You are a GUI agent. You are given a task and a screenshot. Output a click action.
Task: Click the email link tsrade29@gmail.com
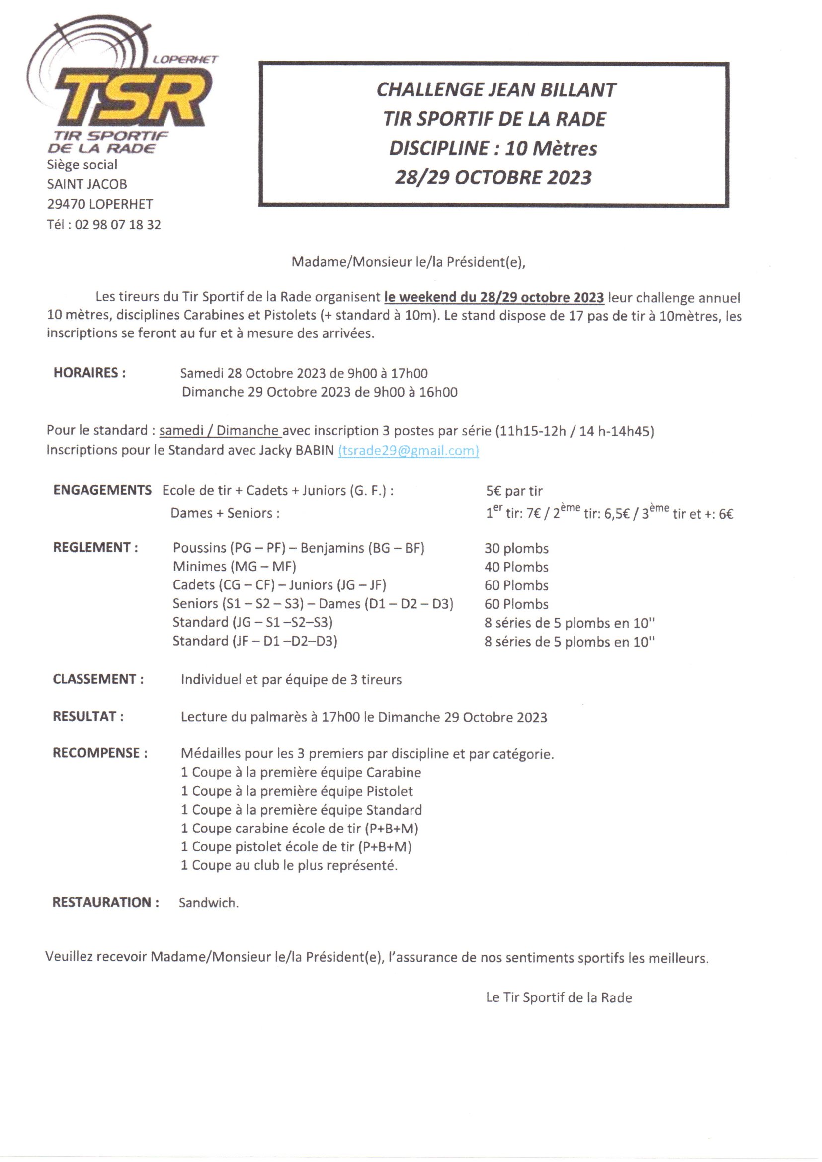(408, 450)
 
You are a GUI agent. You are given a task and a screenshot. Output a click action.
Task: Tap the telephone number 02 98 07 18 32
(118, 224)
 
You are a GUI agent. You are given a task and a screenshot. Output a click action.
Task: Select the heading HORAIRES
(89, 373)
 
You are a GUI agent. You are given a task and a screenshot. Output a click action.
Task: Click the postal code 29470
(66, 204)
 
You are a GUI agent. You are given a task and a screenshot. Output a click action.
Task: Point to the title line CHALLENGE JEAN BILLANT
(495, 90)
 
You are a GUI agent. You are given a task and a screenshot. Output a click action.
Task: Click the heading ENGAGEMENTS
(102, 490)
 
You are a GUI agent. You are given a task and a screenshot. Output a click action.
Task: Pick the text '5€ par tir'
(514, 491)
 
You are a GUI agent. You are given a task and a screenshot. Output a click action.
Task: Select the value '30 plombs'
(516, 548)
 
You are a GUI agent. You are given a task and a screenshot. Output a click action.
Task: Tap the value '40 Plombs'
(516, 567)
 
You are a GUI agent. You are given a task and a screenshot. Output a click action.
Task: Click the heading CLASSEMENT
(98, 679)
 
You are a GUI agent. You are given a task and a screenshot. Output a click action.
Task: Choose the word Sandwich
(209, 903)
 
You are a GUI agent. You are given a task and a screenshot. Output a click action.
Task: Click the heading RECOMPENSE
(100, 753)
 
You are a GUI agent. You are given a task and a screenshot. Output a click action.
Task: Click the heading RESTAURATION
(106, 902)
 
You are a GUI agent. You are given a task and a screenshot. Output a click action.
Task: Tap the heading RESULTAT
(88, 716)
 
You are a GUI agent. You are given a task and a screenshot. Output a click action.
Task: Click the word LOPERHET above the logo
(185, 59)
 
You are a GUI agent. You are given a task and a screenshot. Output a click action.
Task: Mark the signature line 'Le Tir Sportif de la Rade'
(559, 997)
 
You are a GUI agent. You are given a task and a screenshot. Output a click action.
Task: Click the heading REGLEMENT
(95, 547)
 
